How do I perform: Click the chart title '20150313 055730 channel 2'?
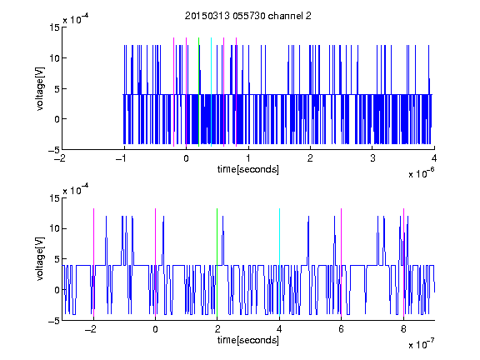pyautogui.click(x=248, y=16)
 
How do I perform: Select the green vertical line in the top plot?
pyautogui.click(x=198, y=92)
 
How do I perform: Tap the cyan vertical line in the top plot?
pyautogui.click(x=211, y=92)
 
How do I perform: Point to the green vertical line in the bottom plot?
pyautogui.click(x=217, y=262)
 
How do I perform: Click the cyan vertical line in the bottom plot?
pyautogui.click(x=279, y=262)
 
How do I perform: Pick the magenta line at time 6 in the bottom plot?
pyautogui.click(x=342, y=262)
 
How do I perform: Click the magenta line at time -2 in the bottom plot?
pyautogui.click(x=93, y=262)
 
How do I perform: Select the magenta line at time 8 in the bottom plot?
pyautogui.click(x=404, y=262)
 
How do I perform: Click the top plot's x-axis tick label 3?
pyautogui.click(x=372, y=158)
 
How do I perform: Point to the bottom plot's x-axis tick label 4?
pyautogui.click(x=279, y=329)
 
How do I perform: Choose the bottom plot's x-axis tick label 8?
pyautogui.click(x=403, y=329)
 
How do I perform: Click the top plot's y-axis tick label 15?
pyautogui.click(x=54, y=27)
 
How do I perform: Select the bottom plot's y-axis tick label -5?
pyautogui.click(x=54, y=321)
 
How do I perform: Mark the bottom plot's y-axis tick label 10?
pyautogui.click(x=54, y=228)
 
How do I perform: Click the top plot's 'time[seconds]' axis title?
pyautogui.click(x=248, y=169)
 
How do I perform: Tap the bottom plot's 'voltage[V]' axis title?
pyautogui.click(x=40, y=258)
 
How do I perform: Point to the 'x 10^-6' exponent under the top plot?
pyautogui.click(x=421, y=173)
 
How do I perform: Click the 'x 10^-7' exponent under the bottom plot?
pyautogui.click(x=421, y=344)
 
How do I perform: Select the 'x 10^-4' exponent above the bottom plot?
pyautogui.click(x=76, y=189)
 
